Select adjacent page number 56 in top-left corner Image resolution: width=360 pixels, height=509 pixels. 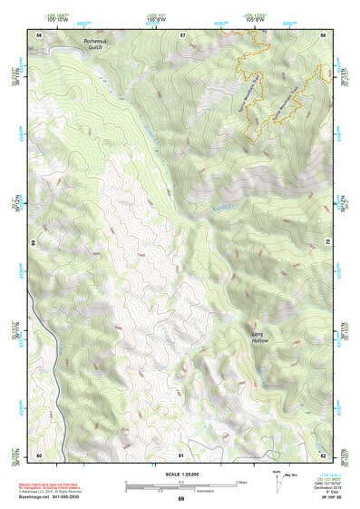pos(39,34)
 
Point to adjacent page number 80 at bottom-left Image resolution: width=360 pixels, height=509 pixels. pos(39,454)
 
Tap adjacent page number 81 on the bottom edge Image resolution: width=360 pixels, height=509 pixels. pos(181,454)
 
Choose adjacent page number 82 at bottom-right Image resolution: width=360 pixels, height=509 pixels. pos(322,454)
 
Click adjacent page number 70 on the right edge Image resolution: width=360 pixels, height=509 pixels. pos(326,243)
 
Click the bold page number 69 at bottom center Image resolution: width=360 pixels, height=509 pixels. pos(180,499)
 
